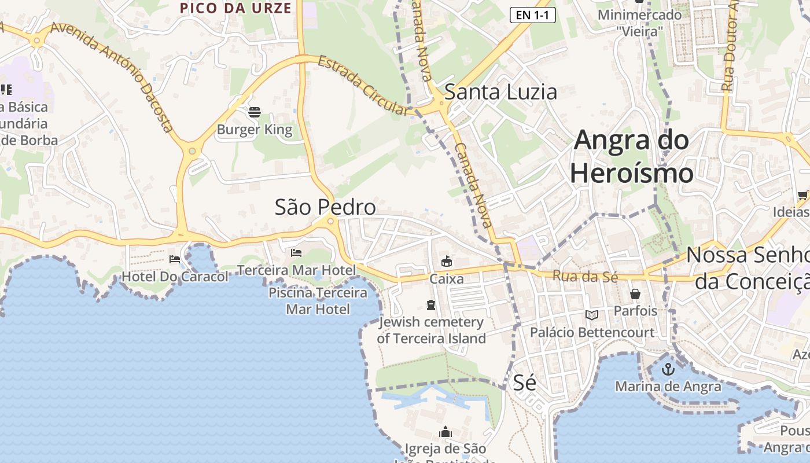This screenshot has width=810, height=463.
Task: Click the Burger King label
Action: click(x=255, y=130)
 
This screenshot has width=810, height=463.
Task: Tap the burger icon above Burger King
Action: click(x=255, y=112)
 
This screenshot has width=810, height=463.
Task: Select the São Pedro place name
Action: click(x=325, y=207)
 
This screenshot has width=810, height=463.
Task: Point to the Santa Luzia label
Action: click(x=500, y=92)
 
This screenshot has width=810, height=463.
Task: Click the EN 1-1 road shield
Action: click(x=532, y=15)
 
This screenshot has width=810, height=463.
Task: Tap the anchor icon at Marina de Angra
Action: click(x=668, y=369)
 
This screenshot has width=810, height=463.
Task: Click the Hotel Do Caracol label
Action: click(x=175, y=277)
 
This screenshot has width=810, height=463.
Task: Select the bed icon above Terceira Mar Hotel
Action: click(x=296, y=253)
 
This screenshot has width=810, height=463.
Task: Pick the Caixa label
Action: click(x=446, y=279)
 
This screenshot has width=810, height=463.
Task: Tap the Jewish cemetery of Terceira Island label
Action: click(x=431, y=330)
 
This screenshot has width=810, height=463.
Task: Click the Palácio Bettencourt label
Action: click(x=592, y=333)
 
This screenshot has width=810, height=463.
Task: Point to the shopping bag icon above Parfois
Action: click(x=635, y=294)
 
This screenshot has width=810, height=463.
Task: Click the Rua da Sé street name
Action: click(x=585, y=277)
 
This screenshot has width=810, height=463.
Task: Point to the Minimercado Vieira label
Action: click(x=639, y=23)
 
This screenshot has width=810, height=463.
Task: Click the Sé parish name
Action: click(x=524, y=383)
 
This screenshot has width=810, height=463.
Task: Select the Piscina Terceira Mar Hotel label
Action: click(x=318, y=301)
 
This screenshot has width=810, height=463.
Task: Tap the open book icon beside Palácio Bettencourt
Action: click(x=592, y=315)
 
